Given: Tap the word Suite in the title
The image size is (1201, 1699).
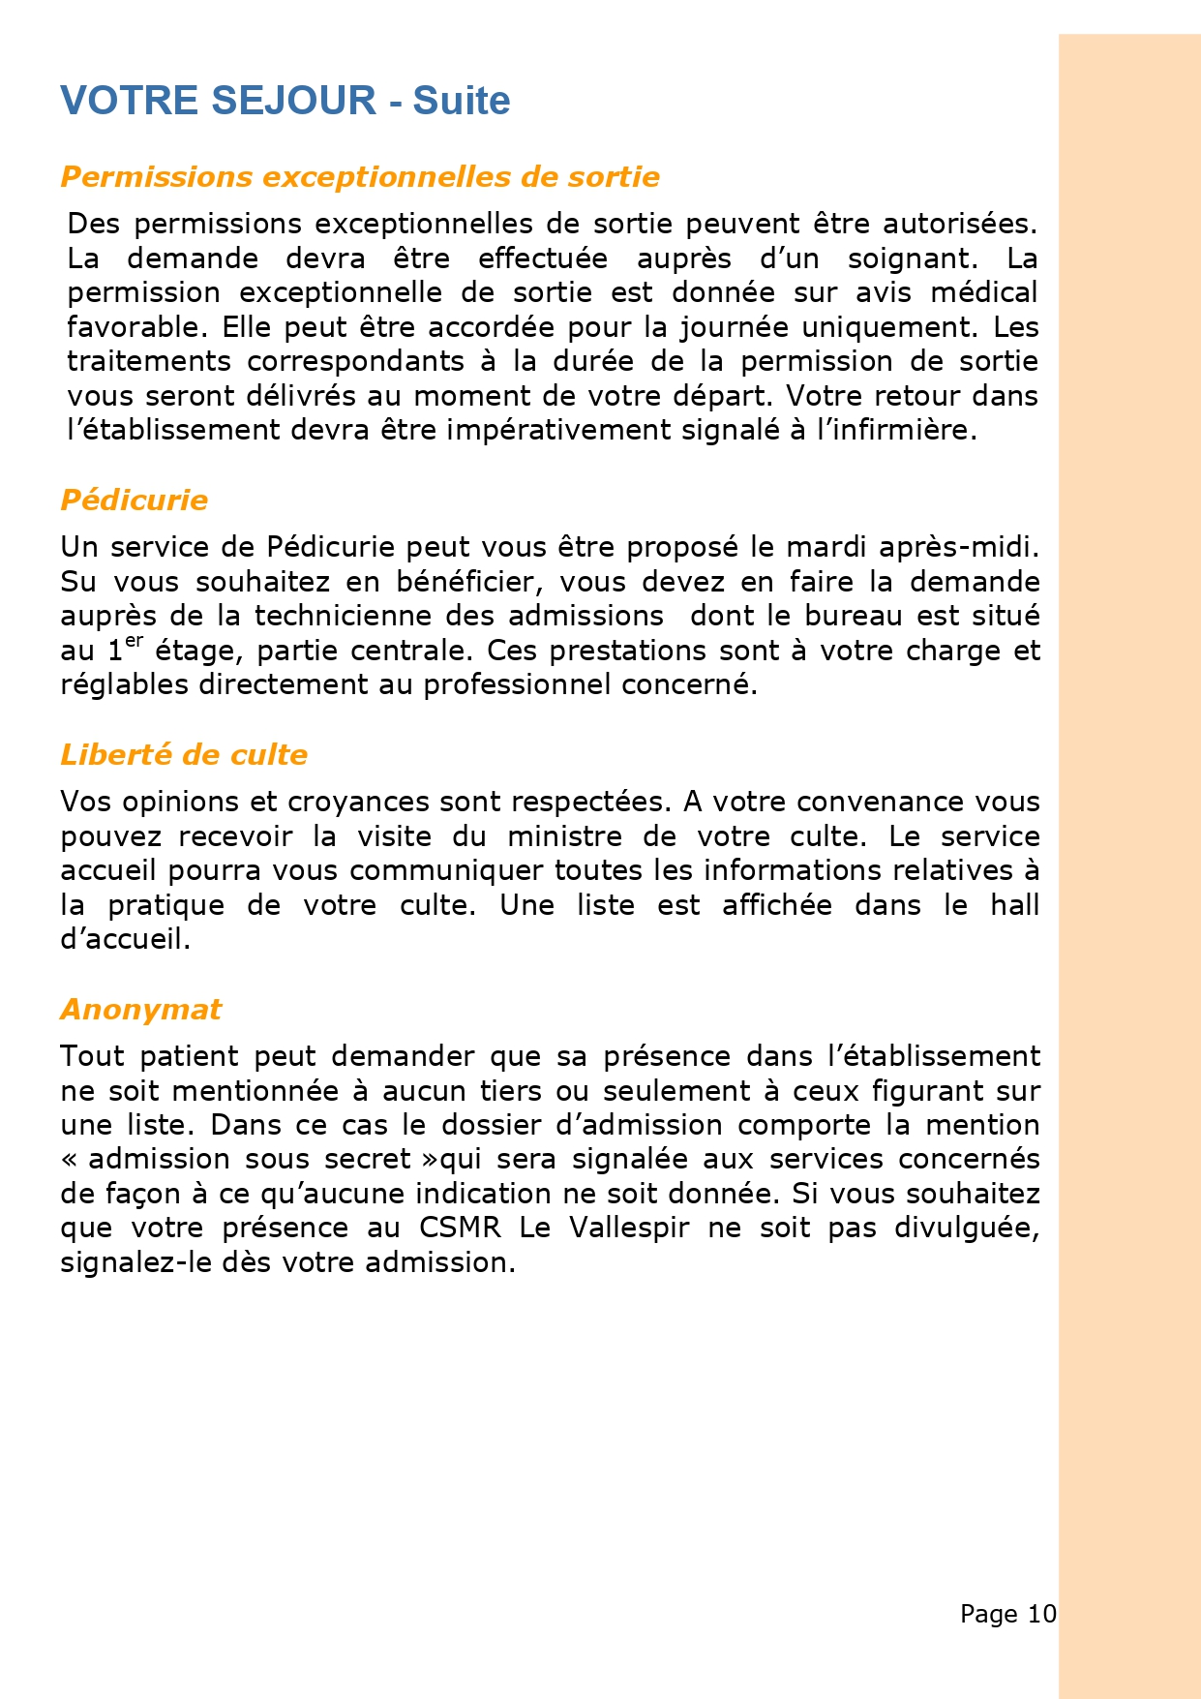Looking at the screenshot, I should [x=462, y=101].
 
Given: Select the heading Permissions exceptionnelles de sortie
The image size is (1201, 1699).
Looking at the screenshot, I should [x=360, y=177].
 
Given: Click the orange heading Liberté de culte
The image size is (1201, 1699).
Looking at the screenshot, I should [x=184, y=755].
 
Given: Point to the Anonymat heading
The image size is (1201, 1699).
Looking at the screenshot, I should [x=141, y=1010].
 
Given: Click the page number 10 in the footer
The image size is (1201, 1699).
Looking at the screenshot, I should [x=1042, y=1614].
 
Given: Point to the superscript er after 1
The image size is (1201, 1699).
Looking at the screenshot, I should [x=134, y=640].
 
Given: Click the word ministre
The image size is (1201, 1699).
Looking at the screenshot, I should [x=565, y=836].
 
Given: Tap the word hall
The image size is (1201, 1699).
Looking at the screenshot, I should [x=1013, y=905].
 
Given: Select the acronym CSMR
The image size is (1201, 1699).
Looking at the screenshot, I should [x=460, y=1228].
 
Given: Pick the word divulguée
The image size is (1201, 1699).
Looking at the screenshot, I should [x=967, y=1228].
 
